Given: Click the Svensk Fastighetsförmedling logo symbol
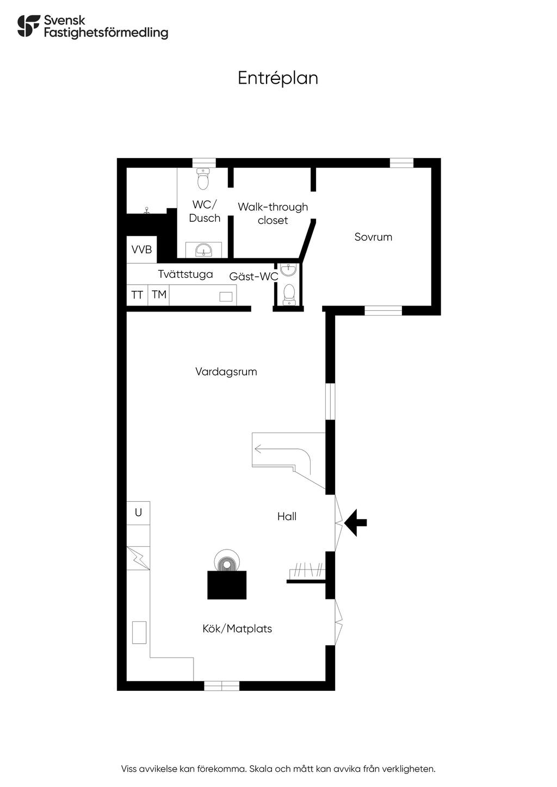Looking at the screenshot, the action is click(29, 26).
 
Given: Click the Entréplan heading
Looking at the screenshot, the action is click(278, 78).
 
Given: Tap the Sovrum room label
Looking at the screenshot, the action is click(373, 237).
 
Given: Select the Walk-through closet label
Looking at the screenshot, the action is click(273, 213).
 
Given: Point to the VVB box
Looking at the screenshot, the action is click(141, 249).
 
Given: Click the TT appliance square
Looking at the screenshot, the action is click(137, 295).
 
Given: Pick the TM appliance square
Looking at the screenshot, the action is click(159, 295).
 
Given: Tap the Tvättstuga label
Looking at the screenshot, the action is click(185, 274).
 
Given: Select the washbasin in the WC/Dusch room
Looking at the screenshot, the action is click(203, 250).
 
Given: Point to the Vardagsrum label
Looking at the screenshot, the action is click(226, 372).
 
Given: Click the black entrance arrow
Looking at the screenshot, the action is click(355, 522).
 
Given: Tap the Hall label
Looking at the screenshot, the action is click(287, 516).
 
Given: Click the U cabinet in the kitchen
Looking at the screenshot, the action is click(138, 513).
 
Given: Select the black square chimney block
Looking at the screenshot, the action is click(227, 585).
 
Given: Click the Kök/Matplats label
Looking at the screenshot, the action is click(237, 628).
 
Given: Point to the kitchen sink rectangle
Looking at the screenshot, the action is click(139, 633).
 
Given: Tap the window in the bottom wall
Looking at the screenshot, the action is click(221, 685).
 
